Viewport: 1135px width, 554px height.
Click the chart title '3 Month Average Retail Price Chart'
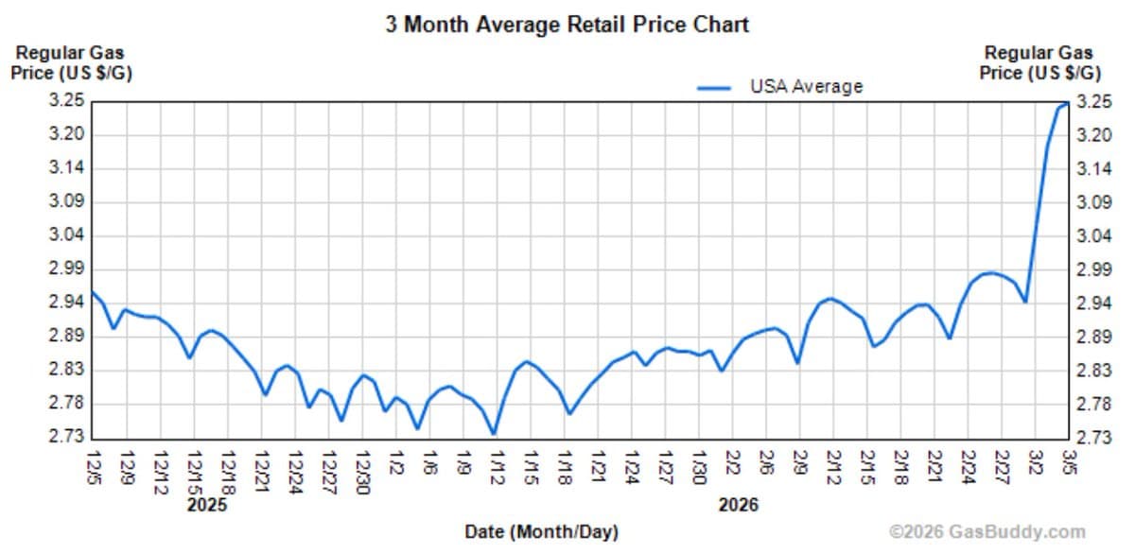pyautogui.click(x=567, y=25)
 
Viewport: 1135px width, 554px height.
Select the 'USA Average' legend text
pyautogui.click(x=806, y=86)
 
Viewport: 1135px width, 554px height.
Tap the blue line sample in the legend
pyautogui.click(x=715, y=87)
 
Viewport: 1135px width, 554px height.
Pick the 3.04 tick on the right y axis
pyautogui.click(x=1095, y=235)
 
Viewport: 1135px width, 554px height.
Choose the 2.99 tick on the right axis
pyautogui.click(x=1095, y=269)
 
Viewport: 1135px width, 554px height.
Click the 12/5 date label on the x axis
pyautogui.click(x=93, y=466)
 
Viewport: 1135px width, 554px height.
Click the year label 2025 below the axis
pyautogui.click(x=207, y=505)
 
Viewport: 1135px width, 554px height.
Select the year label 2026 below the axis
pyautogui.click(x=738, y=505)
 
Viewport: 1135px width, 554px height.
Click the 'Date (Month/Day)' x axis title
pyautogui.click(x=541, y=532)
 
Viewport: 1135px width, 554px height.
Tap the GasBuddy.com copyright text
pyautogui.click(x=987, y=532)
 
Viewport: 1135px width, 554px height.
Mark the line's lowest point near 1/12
pyautogui.click(x=494, y=434)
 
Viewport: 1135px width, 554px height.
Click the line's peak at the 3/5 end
pyautogui.click(x=1068, y=103)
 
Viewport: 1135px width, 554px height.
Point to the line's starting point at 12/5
pyautogui.click(x=92, y=291)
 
